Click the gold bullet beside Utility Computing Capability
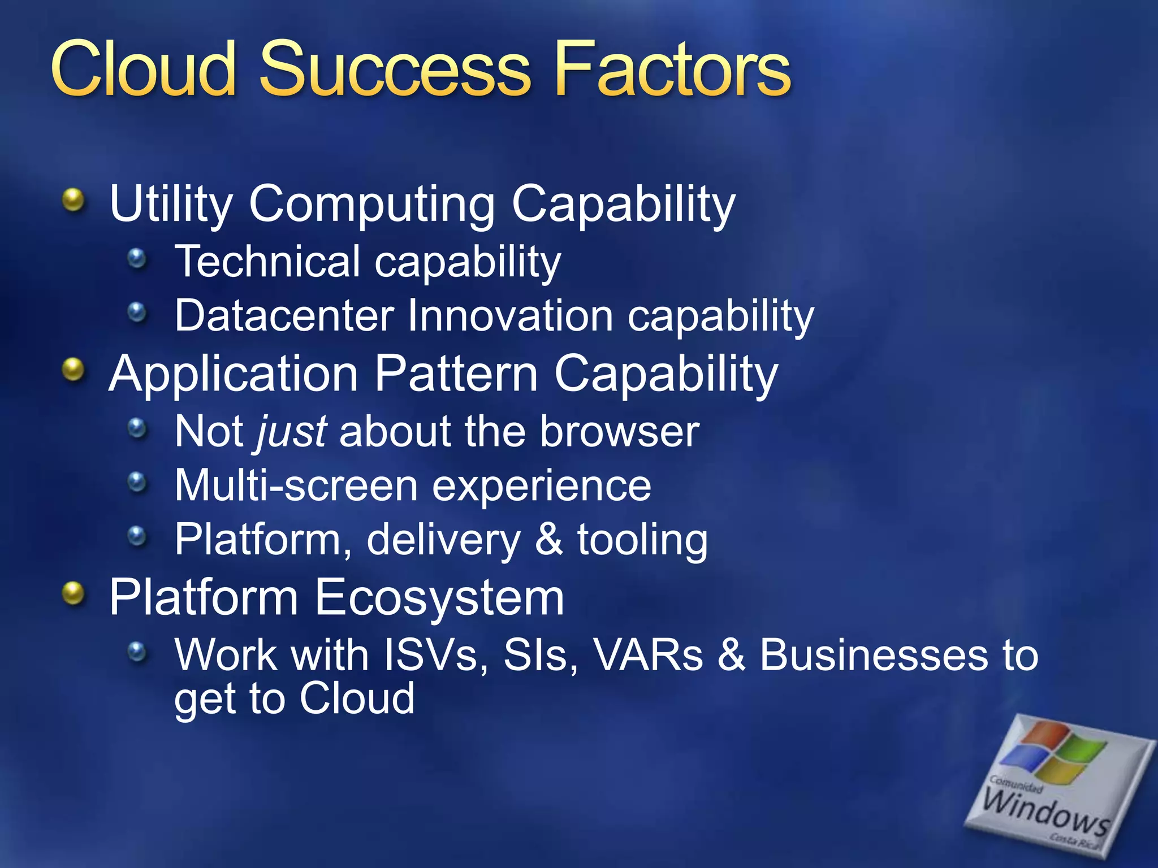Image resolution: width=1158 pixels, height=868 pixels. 74,199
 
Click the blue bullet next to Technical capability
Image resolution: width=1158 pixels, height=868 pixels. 136,259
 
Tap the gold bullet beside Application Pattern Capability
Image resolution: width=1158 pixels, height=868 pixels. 74,370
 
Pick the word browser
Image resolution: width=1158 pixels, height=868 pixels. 619,432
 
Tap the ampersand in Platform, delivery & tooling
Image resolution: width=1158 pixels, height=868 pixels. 548,539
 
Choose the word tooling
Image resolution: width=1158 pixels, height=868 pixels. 642,540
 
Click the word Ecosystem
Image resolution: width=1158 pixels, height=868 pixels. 439,598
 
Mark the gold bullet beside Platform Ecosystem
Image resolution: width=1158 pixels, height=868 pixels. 74,593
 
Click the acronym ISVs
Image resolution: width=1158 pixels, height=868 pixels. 431,655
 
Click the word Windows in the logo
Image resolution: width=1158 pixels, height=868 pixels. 1046,811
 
